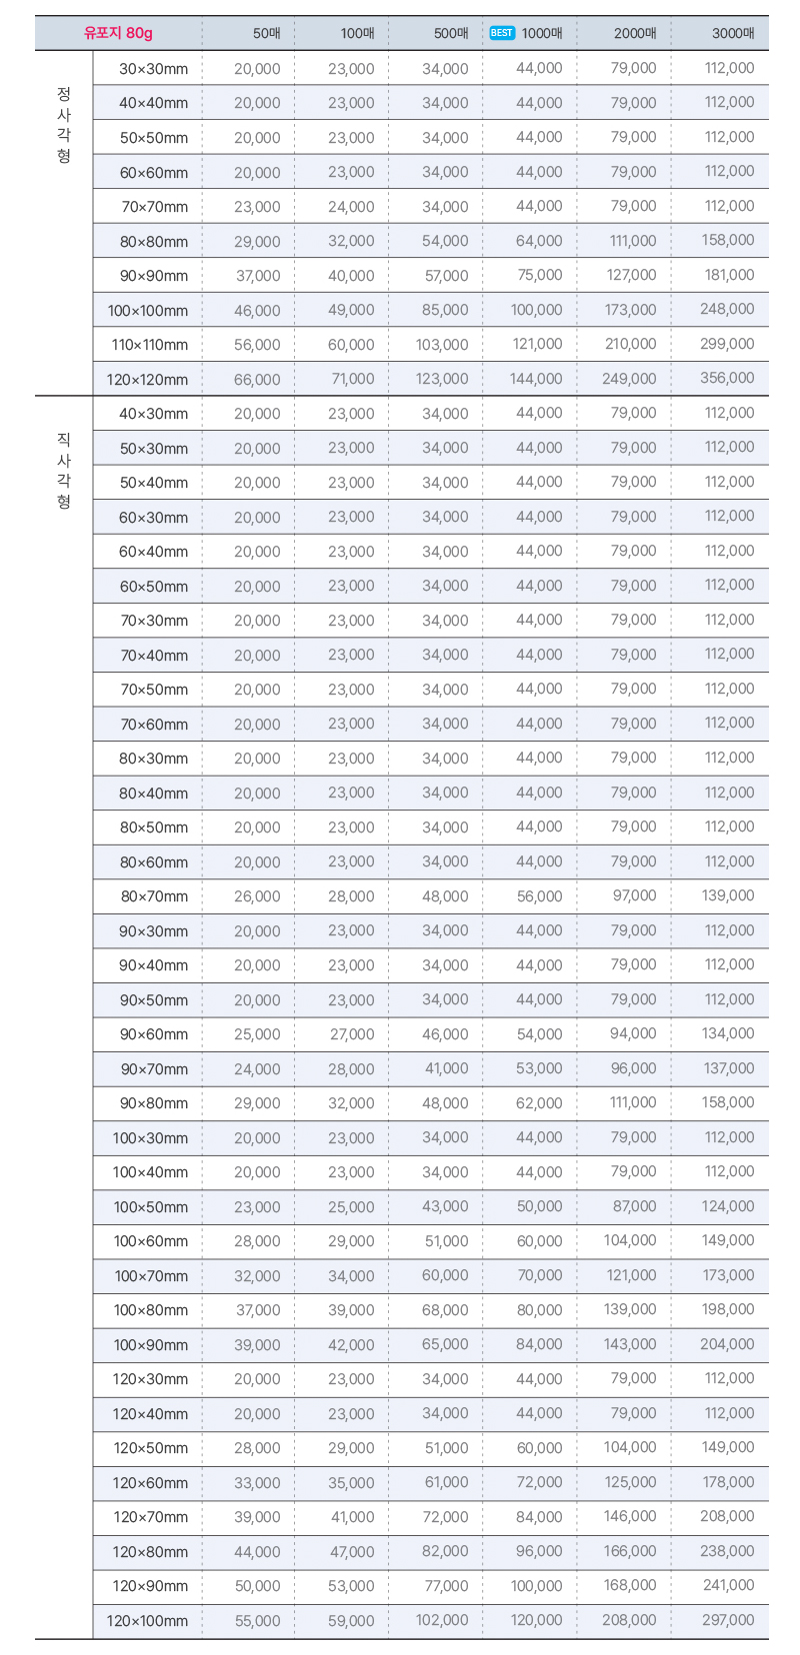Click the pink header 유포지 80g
tap(118, 33)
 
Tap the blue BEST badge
tap(502, 33)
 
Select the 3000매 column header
tap(733, 33)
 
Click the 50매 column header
tap(267, 33)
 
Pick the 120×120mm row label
tap(147, 380)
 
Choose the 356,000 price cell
tap(727, 378)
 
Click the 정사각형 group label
tap(64, 125)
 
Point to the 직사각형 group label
tap(64, 470)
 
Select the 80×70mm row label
tap(154, 896)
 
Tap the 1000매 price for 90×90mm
tap(539, 275)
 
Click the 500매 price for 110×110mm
tap(442, 345)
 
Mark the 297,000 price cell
tap(728, 1619)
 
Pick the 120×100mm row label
tap(147, 1620)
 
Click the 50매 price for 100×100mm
tap(257, 311)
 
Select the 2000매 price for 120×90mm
tap(630, 1585)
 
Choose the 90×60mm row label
tap(154, 1034)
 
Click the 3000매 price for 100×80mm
tap(728, 1309)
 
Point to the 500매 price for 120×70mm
tap(445, 1517)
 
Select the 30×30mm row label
tap(154, 69)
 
